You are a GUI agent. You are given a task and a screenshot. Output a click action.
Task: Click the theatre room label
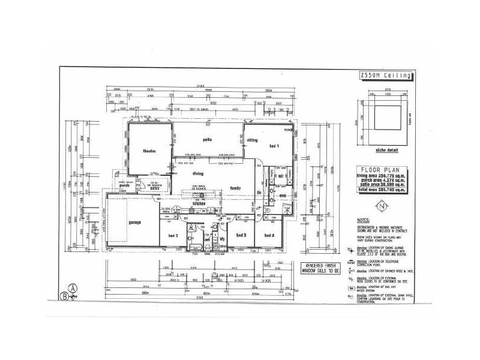pyautogui.click(x=149, y=151)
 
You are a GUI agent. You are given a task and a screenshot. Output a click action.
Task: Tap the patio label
pyautogui.click(x=208, y=140)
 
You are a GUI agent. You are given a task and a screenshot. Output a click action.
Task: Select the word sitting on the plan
pyautogui.click(x=251, y=140)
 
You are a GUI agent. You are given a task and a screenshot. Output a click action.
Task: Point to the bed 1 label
pyautogui.click(x=274, y=146)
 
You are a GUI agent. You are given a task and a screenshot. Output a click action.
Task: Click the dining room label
pyautogui.click(x=197, y=174)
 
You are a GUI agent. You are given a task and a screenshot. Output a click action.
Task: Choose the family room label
pyautogui.click(x=236, y=188)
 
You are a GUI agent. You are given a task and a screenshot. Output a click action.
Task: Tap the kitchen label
pyautogui.click(x=199, y=205)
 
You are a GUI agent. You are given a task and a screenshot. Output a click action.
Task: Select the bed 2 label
pyautogui.click(x=173, y=236)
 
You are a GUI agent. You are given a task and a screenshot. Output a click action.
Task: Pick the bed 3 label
pyautogui.click(x=241, y=235)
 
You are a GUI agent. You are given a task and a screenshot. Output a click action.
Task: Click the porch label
pyautogui.click(x=125, y=185)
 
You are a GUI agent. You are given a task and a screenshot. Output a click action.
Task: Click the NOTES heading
pyautogui.click(x=363, y=220)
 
